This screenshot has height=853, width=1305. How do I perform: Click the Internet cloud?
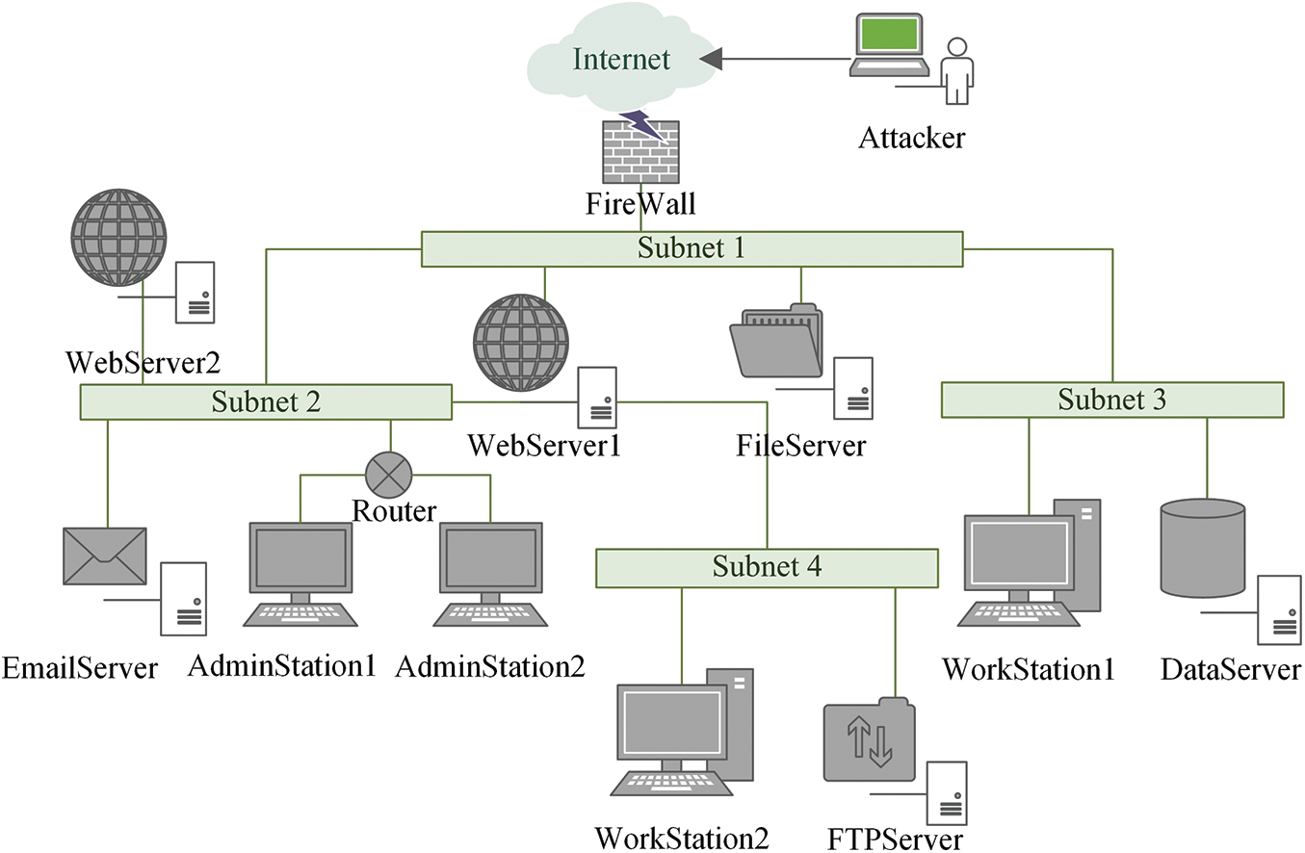click(x=621, y=57)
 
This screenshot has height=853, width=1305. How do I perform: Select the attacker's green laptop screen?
click(x=888, y=35)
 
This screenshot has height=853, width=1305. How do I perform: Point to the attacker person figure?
click(x=957, y=71)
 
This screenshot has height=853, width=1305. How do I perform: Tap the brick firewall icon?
click(x=640, y=151)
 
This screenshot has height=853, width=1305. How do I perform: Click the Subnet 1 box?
click(x=692, y=249)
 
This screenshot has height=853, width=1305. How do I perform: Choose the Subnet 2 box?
click(x=266, y=401)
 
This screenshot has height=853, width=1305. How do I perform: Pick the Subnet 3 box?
click(x=1112, y=400)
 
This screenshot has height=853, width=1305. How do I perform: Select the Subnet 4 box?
click(x=767, y=568)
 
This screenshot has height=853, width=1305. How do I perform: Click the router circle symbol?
click(x=388, y=475)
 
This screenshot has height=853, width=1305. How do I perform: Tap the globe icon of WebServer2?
click(x=118, y=238)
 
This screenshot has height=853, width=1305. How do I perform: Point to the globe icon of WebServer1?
click(x=521, y=343)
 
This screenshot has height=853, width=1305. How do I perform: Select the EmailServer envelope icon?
click(x=105, y=556)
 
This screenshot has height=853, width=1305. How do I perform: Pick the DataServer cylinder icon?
click(x=1203, y=548)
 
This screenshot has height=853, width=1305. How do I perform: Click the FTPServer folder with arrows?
click(x=870, y=739)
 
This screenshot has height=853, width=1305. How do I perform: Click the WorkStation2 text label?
click(x=682, y=839)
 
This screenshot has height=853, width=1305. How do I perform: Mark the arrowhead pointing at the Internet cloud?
click(x=711, y=59)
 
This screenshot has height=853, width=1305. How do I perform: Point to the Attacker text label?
click(x=912, y=139)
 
